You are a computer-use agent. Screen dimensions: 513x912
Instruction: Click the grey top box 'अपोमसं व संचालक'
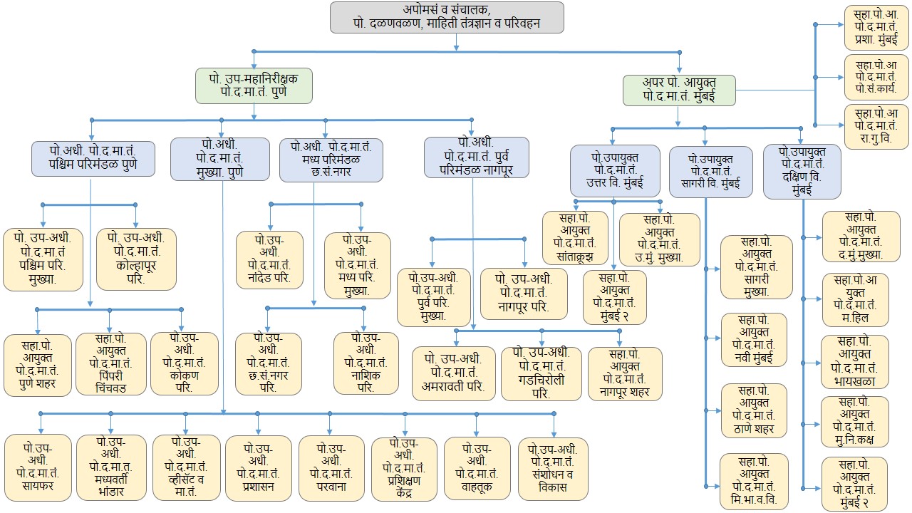[447, 17]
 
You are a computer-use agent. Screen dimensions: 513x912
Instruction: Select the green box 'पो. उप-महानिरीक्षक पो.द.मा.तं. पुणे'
[254, 85]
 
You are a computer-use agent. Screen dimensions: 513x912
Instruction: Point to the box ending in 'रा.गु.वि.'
[871, 125]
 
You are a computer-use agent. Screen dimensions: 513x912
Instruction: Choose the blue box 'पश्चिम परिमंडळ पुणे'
[93, 158]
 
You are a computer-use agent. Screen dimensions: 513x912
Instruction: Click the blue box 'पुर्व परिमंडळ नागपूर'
[476, 157]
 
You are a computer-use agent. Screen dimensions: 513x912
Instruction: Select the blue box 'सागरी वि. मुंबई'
[710, 172]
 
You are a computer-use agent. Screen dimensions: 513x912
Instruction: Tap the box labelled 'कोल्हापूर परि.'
[135, 258]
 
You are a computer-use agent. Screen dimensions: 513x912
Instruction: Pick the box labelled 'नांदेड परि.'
[269, 259]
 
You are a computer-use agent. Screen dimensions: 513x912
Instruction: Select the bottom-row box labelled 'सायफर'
[38, 467]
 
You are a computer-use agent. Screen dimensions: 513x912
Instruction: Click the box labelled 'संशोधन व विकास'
[553, 468]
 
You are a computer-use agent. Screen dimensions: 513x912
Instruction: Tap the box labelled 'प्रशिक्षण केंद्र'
[404, 468]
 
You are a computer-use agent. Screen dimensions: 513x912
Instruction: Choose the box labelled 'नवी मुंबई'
[753, 339]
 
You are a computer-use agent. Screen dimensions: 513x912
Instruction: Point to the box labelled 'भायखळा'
[854, 361]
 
